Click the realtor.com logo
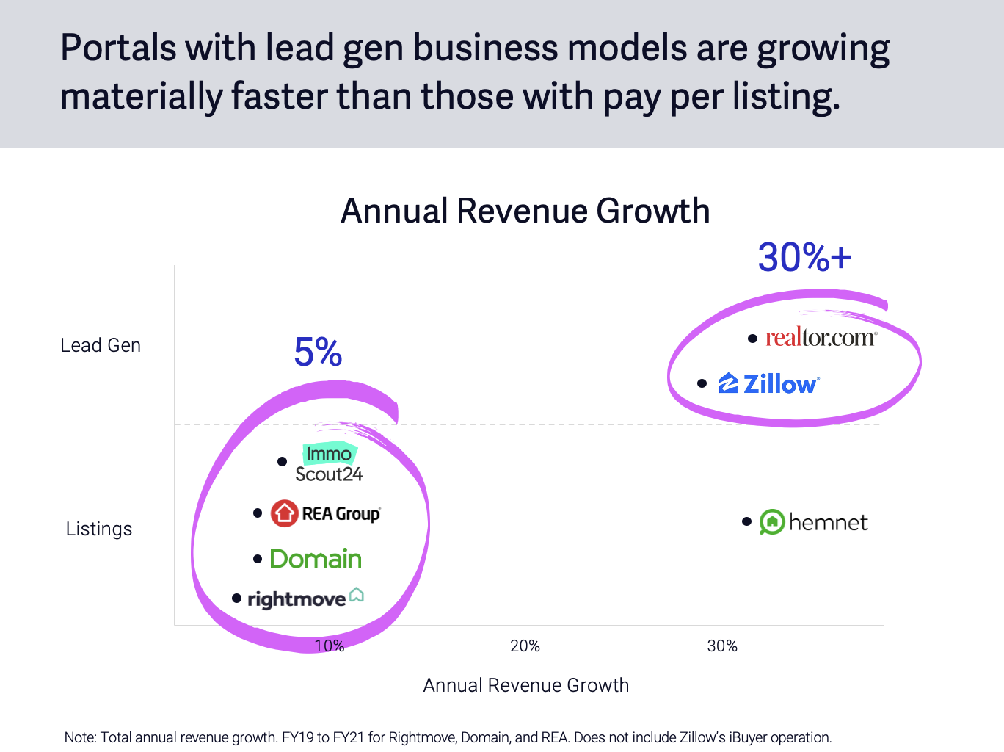(821, 338)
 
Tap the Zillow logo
(769, 383)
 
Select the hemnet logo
(814, 522)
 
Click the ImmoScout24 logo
(329, 463)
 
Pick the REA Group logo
(326, 513)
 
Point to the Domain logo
(316, 559)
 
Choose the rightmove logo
(305, 598)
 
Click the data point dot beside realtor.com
(752, 339)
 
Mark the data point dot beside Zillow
(702, 383)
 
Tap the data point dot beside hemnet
(746, 521)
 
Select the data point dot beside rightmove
(236, 599)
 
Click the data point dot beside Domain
(258, 559)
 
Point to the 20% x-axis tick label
(525, 646)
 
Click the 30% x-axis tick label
(722, 646)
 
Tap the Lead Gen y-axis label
(101, 345)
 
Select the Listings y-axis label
(99, 529)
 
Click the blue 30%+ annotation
(805, 258)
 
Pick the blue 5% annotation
(318, 352)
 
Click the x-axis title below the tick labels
(526, 685)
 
